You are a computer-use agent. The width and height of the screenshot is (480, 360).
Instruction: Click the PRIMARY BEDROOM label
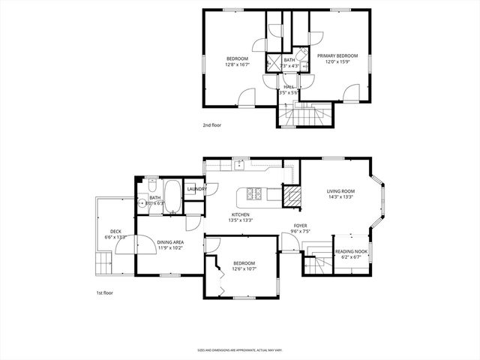tap(337, 56)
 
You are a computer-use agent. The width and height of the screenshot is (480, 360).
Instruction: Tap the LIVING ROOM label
tap(340, 191)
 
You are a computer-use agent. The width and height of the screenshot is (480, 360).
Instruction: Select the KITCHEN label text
tap(241, 214)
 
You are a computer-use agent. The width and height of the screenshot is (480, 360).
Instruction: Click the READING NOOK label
tap(351, 251)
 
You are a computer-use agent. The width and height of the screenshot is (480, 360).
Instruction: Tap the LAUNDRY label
tap(197, 189)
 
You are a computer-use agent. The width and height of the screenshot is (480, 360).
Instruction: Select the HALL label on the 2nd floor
tap(288, 87)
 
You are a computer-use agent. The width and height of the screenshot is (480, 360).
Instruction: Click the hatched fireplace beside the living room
tap(291, 196)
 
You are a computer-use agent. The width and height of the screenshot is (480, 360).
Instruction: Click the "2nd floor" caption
tap(211, 125)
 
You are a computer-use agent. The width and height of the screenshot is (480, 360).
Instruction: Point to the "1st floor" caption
tap(104, 292)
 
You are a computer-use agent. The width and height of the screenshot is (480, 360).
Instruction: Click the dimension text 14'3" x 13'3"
tap(340, 198)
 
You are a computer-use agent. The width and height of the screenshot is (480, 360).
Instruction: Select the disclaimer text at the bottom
tap(240, 349)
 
